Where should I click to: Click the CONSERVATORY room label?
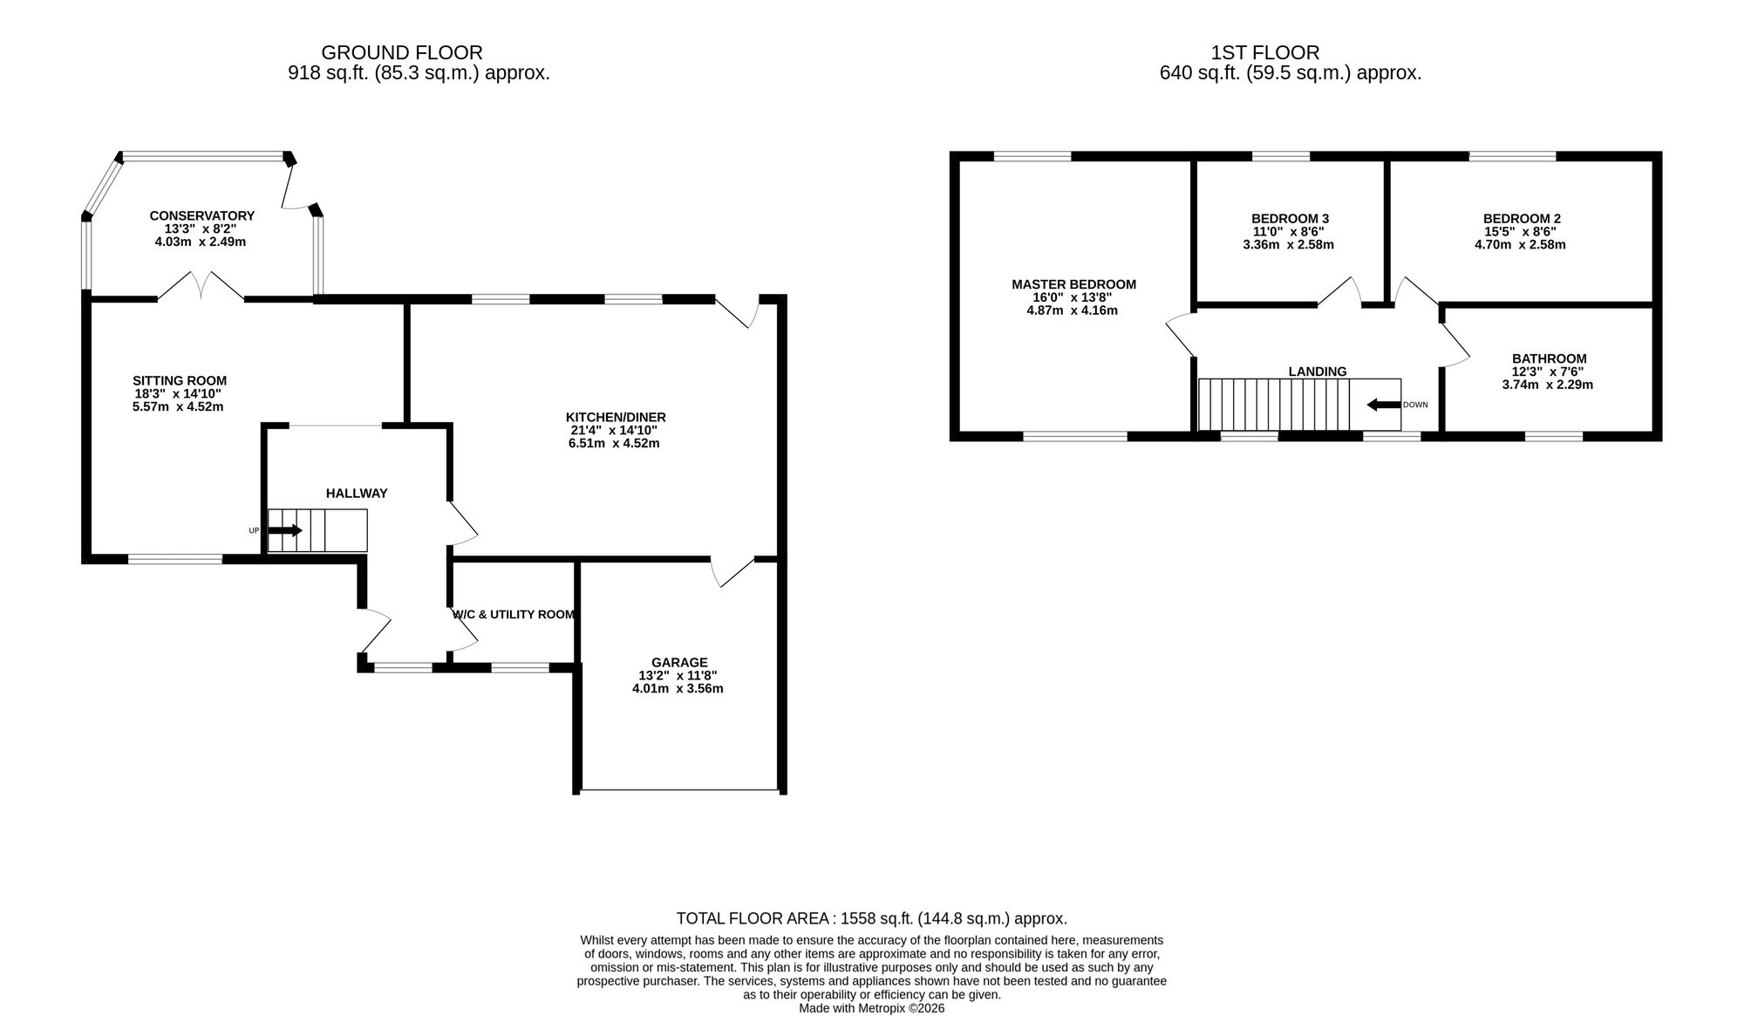coord(201,215)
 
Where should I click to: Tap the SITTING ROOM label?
coord(180,380)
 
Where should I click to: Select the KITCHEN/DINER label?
coord(616,417)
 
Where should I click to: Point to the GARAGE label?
coord(679,662)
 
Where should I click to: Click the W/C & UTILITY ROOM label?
coord(514,614)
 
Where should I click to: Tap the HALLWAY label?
coord(357,493)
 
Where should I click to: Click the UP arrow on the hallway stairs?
coord(285,530)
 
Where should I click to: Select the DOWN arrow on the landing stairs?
coord(1384,405)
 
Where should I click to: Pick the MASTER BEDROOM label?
coord(1073,284)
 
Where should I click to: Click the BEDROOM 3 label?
coord(1290,218)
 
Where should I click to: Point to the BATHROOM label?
coord(1550,358)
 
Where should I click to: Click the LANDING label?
coord(1318,372)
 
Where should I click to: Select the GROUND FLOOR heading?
coord(402,53)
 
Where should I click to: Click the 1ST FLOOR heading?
coord(1265,53)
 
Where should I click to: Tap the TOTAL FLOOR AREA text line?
coord(872,918)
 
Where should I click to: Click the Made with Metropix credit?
coord(872,1008)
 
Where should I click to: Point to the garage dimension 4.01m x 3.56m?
coord(678,688)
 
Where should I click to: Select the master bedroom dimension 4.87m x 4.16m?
coord(1072,310)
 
